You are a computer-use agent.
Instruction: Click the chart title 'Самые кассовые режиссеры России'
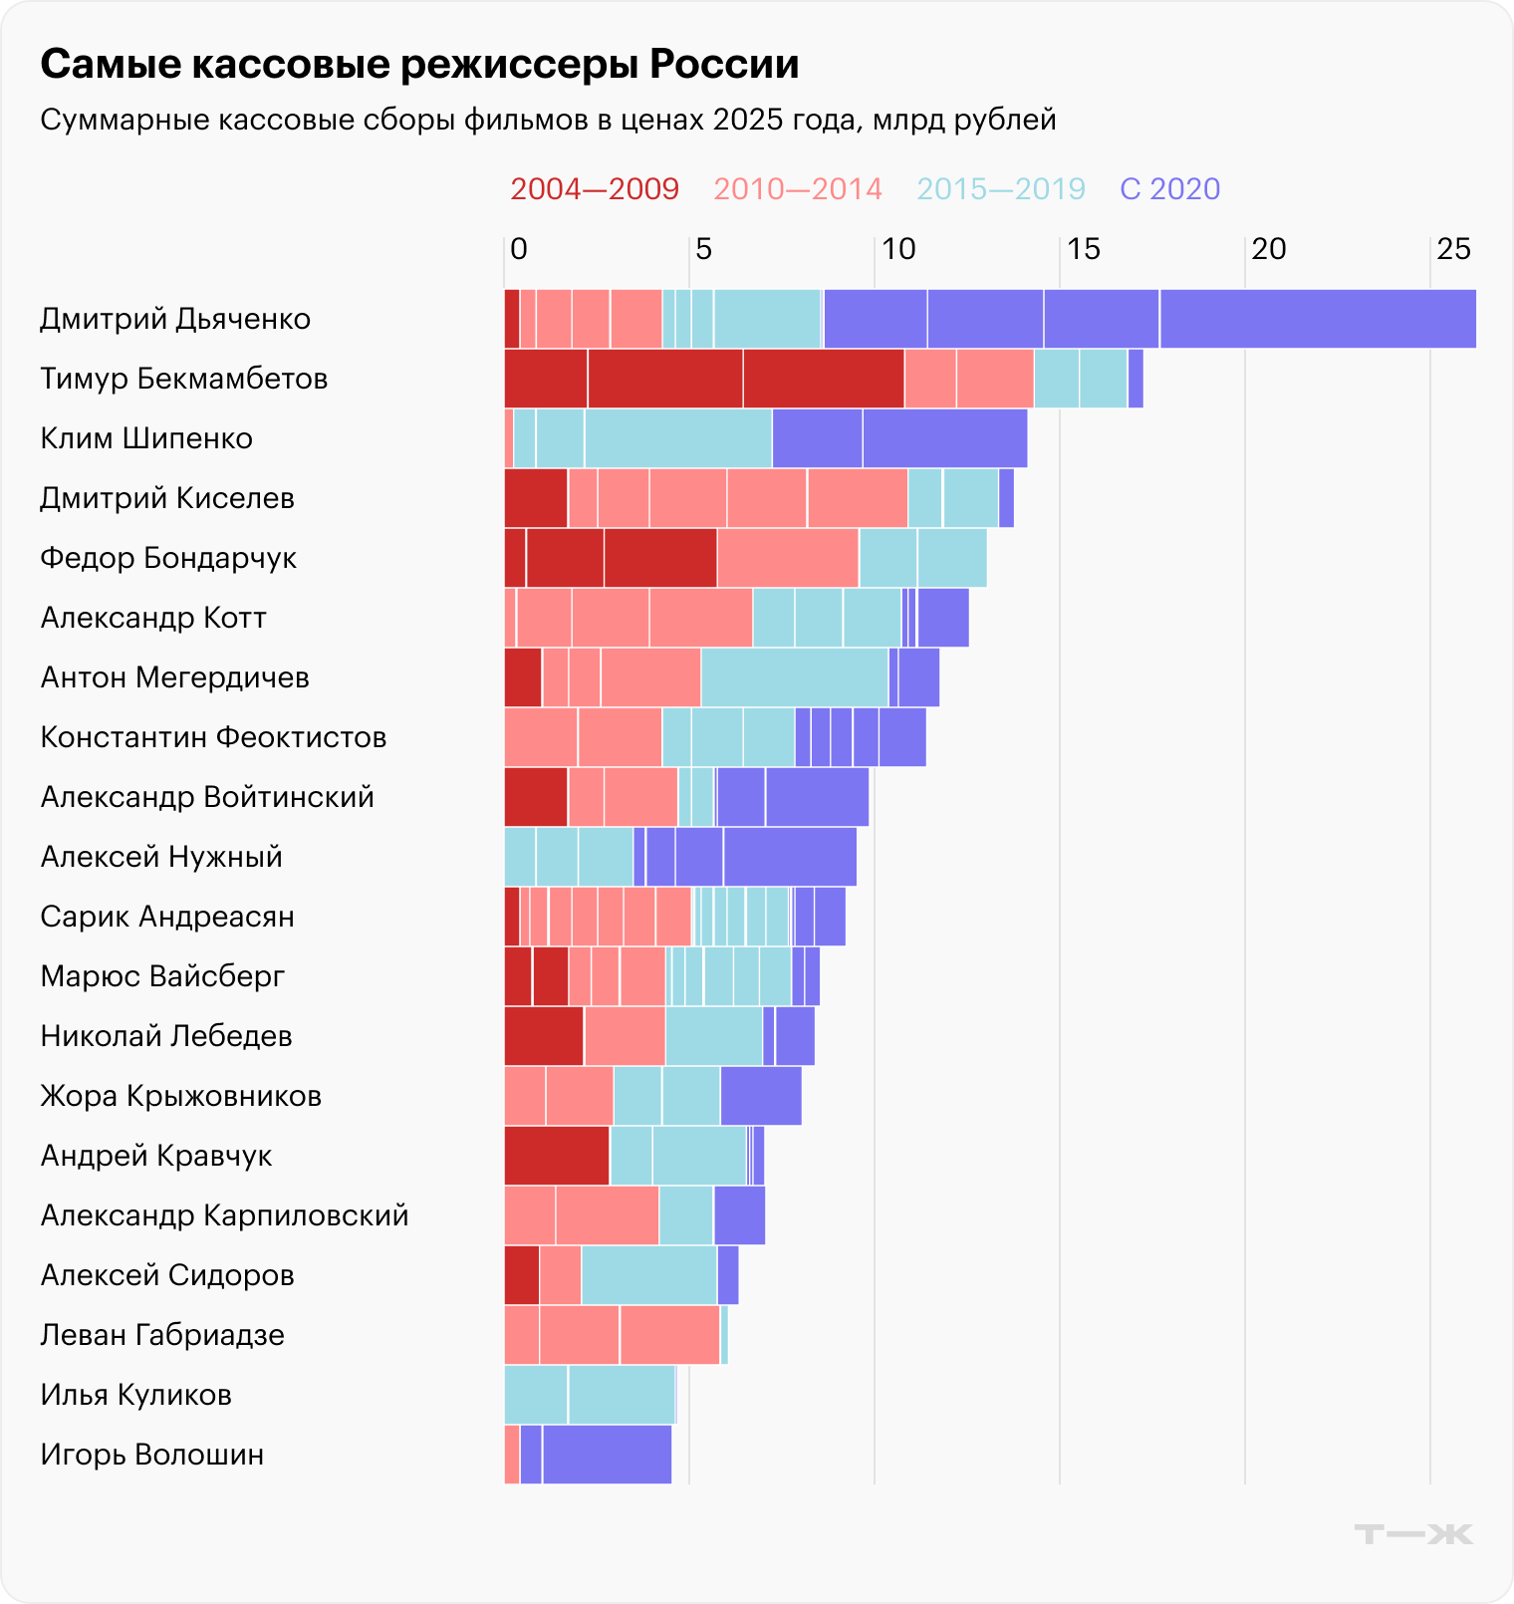(x=419, y=65)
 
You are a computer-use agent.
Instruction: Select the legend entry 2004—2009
(x=595, y=189)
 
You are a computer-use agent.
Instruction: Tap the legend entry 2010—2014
(x=798, y=189)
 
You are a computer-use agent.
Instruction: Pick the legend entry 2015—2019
(x=1000, y=189)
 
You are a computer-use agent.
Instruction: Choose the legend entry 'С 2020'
(x=1169, y=189)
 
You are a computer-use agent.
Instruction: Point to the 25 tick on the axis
(x=1453, y=249)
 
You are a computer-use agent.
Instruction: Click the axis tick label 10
(x=897, y=249)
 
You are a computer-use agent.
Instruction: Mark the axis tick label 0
(x=518, y=249)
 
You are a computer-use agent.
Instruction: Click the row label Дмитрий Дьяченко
(x=175, y=319)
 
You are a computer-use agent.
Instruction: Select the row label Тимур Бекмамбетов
(x=184, y=379)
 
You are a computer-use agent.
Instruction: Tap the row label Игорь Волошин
(x=152, y=1455)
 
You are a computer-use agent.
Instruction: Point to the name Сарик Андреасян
(x=167, y=917)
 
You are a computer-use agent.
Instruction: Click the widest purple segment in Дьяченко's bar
(x=1317, y=319)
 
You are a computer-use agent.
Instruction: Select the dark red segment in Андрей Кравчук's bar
(x=557, y=1156)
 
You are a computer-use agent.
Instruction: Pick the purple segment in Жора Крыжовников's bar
(x=761, y=1096)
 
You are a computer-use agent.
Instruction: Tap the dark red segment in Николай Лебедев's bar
(x=544, y=1036)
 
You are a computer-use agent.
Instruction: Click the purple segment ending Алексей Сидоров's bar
(x=728, y=1275)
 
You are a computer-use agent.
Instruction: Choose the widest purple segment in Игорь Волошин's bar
(x=607, y=1455)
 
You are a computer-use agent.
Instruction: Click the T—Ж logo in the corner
(x=1413, y=1534)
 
